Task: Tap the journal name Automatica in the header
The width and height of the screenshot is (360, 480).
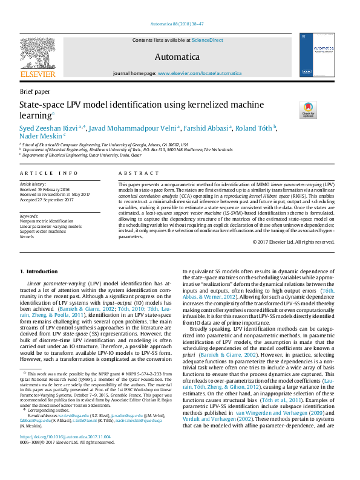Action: pyautogui.click(x=177, y=57)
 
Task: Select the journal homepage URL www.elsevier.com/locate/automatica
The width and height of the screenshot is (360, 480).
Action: pyautogui.click(x=199, y=73)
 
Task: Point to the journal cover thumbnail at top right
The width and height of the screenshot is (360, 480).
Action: pyautogui.click(x=319, y=54)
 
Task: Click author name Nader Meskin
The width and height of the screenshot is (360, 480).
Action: pyautogui.click(x=40, y=135)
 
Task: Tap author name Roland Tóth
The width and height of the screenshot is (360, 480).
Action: pyautogui.click(x=254, y=128)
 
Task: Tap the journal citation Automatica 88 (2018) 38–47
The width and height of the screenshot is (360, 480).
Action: pyautogui.click(x=180, y=24)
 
